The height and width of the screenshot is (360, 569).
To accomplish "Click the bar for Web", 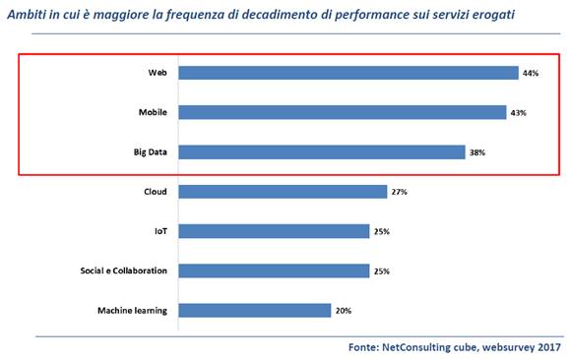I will (x=348, y=73).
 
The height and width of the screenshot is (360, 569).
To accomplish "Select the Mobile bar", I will (x=342, y=112).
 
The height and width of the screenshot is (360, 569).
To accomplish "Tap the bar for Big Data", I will (x=321, y=152).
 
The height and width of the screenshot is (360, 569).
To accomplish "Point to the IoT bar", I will (x=274, y=231).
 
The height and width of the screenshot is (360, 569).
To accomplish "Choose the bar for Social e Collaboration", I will (x=274, y=270).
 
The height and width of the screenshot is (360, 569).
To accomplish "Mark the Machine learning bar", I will (x=255, y=310).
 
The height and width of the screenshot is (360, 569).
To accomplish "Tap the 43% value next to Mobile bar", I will (x=519, y=112).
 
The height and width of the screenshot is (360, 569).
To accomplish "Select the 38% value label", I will (x=477, y=152).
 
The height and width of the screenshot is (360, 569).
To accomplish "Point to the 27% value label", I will (x=399, y=192).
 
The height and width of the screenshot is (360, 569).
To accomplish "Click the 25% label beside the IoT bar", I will (x=383, y=231).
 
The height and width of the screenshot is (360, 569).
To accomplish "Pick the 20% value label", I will (x=345, y=310).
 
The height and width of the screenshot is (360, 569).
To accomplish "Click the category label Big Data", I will (x=149, y=152).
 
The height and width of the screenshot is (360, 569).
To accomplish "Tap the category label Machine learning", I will (x=132, y=310).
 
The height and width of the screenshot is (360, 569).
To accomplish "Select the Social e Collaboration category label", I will (x=123, y=270).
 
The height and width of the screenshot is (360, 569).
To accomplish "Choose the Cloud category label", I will (x=155, y=192).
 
